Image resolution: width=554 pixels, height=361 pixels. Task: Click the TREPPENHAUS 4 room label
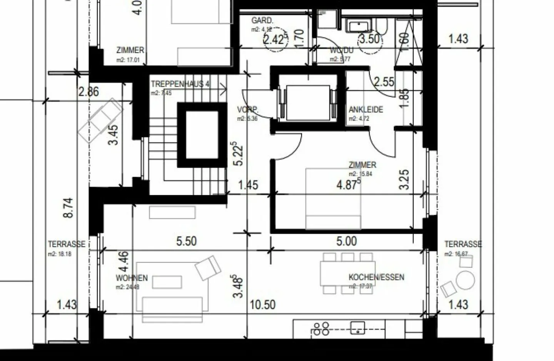pos(180,84)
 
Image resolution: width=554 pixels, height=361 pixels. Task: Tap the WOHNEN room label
pos(132,278)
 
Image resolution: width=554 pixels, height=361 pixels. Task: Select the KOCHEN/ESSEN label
pos(376,277)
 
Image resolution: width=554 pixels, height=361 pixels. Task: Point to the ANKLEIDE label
pos(365,109)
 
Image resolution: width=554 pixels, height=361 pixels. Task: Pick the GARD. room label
pos(262,20)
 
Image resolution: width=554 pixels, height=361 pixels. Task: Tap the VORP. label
pos(247,110)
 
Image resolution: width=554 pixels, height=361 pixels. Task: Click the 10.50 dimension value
pos(263,305)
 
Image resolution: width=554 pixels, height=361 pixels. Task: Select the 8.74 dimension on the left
pos(68,208)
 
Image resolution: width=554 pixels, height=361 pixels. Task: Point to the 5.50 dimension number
pos(187,241)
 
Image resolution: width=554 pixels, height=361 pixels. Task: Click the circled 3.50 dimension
pos(370,39)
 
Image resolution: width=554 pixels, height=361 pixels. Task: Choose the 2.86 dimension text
pos(88,92)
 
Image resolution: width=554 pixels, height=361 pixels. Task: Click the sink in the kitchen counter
pos(357,328)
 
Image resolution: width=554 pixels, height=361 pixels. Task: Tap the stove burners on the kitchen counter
pos(320,329)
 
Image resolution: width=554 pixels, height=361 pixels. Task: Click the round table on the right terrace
pos(465,280)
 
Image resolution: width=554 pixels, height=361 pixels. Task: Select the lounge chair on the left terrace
pos(100,121)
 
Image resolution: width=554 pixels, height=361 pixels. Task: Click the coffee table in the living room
pos(167,282)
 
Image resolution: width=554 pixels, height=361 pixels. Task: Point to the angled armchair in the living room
pos(208,267)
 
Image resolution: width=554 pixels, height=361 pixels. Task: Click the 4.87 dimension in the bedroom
pos(348,184)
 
